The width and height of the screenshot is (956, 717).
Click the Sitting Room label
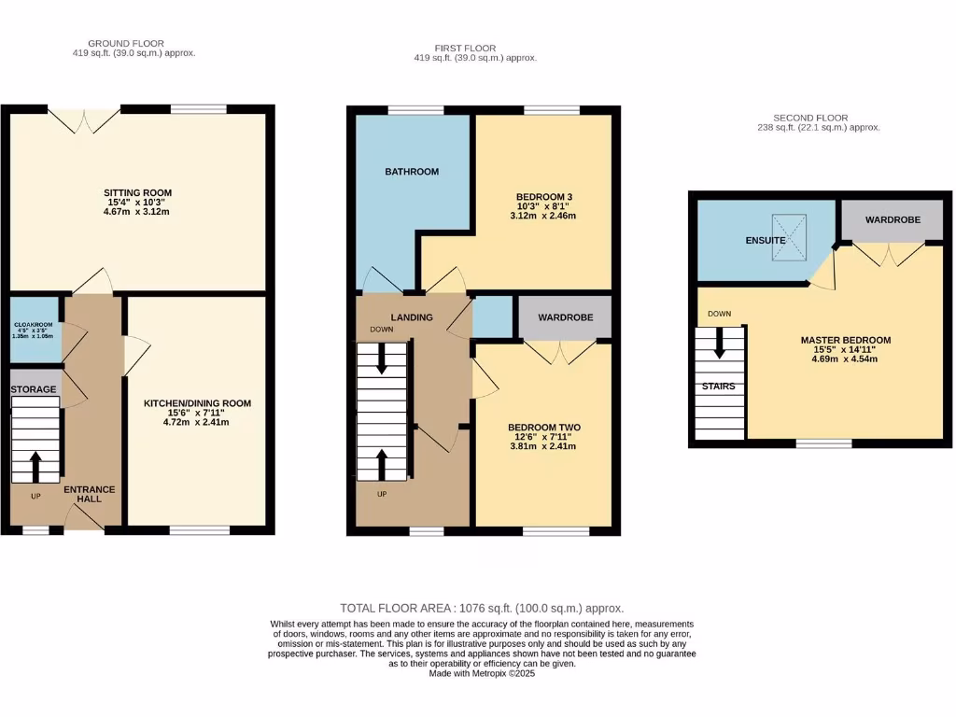coord(137,193)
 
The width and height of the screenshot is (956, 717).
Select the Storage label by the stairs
coord(34,389)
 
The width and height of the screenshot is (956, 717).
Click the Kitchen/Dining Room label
coord(197,403)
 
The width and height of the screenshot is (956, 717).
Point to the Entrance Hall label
coord(89,494)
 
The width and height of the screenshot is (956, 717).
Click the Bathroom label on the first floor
coord(412,172)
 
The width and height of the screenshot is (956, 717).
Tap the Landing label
coord(412,317)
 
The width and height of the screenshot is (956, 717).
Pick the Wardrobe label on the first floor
coord(565,317)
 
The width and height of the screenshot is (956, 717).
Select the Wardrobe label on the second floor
coord(893,220)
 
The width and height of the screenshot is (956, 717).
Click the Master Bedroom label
coord(845,340)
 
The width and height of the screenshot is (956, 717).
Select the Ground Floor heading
coord(125,43)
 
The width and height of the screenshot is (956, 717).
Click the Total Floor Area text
coord(482,608)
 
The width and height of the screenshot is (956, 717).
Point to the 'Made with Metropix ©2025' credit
coord(482,673)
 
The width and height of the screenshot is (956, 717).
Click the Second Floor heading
coord(818,118)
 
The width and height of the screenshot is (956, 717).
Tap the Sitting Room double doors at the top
coord(84,119)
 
